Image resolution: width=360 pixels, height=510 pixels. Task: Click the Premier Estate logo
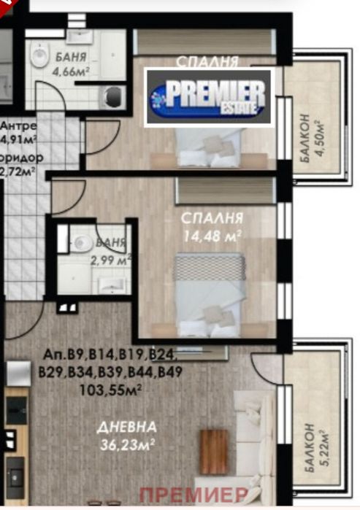[x=209, y=97]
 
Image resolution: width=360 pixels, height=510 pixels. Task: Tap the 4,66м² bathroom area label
[x=69, y=72]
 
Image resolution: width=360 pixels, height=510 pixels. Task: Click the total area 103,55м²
[x=110, y=390]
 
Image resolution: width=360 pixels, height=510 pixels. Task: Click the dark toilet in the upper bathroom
[x=113, y=95]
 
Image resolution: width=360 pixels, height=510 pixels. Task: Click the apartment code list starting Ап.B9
[x=110, y=363]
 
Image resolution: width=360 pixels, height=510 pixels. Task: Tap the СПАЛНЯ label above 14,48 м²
[x=214, y=218]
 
